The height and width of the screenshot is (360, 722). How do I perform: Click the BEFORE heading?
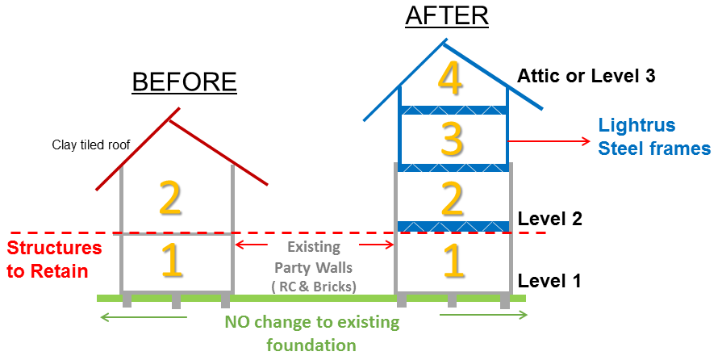(184, 82)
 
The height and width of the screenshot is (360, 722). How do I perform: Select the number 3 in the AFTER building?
(453, 138)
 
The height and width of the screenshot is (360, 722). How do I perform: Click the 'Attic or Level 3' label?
(586, 77)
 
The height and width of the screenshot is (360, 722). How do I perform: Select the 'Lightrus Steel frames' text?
(653, 137)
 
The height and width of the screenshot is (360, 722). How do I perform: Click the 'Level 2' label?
(550, 219)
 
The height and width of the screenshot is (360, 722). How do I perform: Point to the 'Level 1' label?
(550, 281)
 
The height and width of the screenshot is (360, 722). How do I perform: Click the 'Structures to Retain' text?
(53, 259)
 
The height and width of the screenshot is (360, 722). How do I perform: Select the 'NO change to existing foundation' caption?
(311, 334)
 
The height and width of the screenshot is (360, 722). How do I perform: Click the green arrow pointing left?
(142, 316)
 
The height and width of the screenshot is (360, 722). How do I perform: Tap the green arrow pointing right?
(482, 316)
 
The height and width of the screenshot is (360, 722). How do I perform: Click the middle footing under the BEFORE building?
(176, 303)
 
